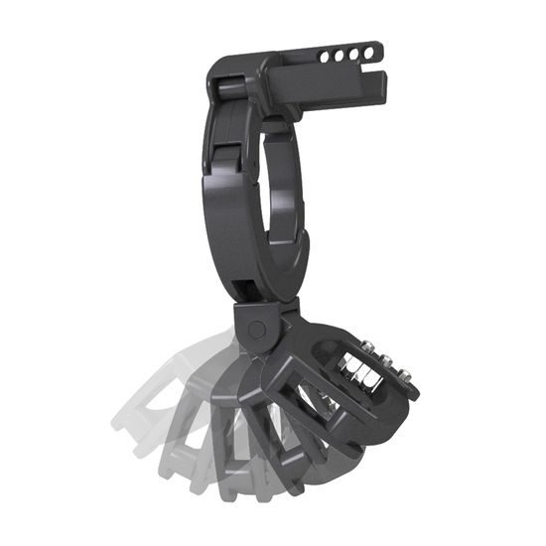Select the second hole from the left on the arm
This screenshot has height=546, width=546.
(x=341, y=54)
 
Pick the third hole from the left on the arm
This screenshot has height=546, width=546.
(x=354, y=51)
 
